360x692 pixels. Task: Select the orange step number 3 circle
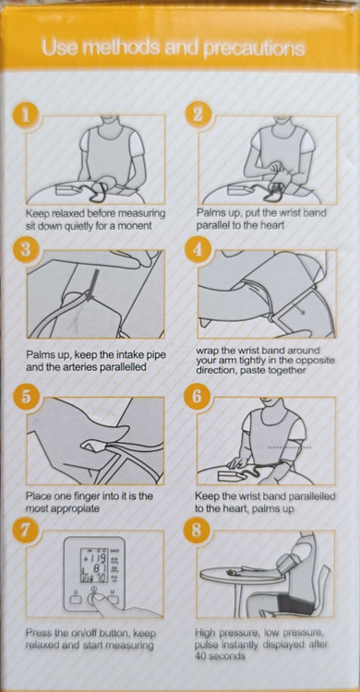click(26, 250)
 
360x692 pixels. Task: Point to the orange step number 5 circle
click(26, 397)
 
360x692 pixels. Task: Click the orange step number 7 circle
click(26, 530)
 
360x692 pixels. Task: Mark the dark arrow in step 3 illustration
click(92, 286)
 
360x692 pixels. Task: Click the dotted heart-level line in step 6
click(290, 447)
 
